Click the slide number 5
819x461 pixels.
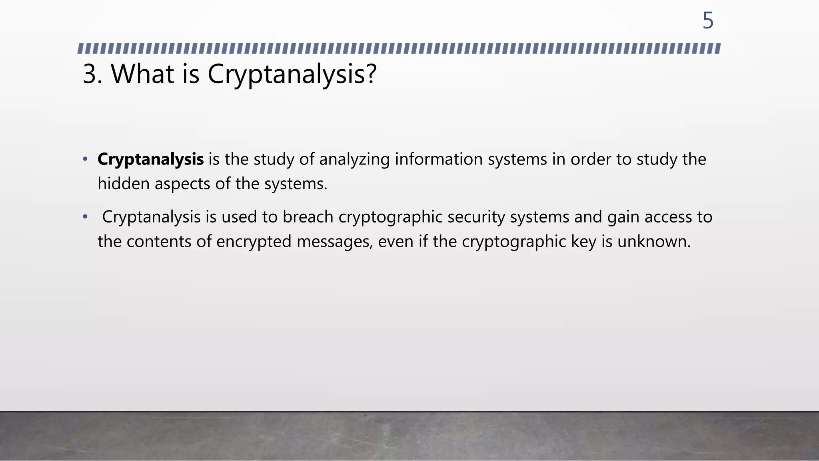point(708,20)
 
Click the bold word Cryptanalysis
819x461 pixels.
point(150,160)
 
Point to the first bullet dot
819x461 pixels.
point(85,159)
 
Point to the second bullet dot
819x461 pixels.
point(85,217)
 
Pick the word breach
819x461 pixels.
point(308,217)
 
